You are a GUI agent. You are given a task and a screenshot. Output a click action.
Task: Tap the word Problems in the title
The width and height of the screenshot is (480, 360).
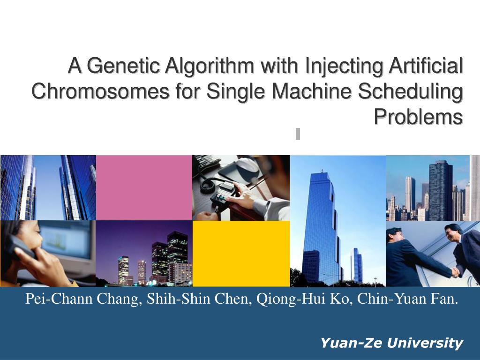418,117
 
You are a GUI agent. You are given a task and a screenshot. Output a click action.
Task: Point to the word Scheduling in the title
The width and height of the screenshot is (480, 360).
411,91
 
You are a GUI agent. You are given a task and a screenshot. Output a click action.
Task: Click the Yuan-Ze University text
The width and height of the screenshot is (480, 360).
391,343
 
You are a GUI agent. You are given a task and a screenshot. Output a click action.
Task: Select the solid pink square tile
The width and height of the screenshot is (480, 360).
144,187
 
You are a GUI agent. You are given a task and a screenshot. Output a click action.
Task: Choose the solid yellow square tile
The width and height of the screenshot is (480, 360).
241,254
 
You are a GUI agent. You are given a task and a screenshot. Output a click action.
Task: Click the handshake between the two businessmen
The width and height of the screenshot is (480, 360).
455,272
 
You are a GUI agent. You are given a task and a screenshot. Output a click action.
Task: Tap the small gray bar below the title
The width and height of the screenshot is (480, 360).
298,134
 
